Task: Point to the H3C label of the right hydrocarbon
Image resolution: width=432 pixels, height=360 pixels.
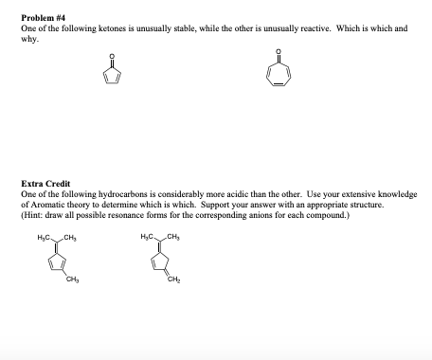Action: (x=147, y=234)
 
